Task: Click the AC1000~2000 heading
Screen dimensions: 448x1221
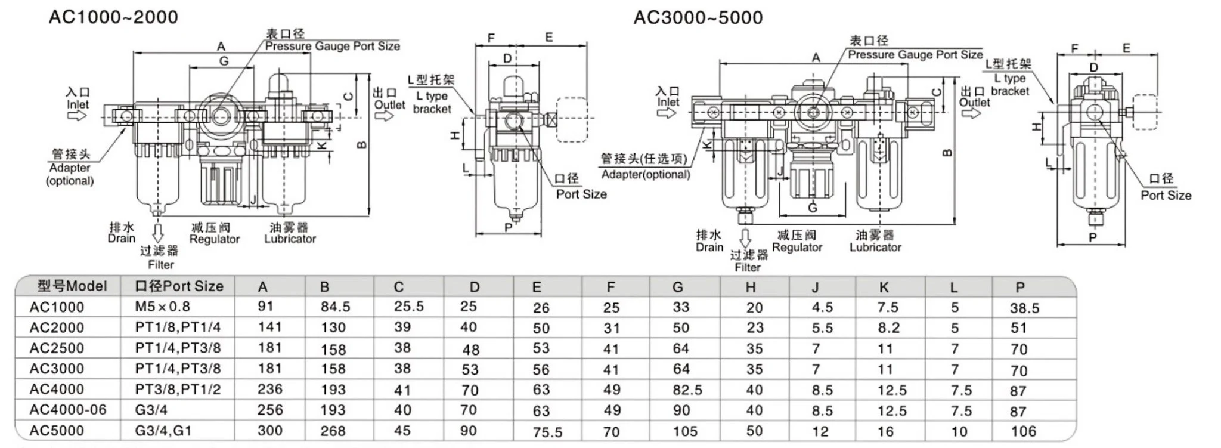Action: (113, 17)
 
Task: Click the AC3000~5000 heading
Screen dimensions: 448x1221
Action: (698, 17)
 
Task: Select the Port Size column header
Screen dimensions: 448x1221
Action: (179, 286)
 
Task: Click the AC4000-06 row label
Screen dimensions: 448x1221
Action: (67, 410)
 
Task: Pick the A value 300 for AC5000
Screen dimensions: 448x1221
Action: (269, 431)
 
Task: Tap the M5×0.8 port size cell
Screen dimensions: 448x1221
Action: (162, 307)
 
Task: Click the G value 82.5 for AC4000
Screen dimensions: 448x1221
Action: (687, 390)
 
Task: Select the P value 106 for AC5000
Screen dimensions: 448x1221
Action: (1023, 431)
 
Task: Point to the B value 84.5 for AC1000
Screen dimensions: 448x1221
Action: (335, 307)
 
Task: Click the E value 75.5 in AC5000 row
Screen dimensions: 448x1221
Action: (547, 432)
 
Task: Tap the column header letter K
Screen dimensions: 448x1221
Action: (884, 288)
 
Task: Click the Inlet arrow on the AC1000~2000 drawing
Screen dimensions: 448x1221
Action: (76, 115)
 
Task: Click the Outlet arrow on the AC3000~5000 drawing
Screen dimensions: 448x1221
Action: (971, 113)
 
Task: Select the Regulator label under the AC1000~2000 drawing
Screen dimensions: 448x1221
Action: (214, 239)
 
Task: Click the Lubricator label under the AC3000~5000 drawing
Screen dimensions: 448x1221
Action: (875, 247)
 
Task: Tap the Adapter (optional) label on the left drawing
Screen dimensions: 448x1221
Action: (70, 174)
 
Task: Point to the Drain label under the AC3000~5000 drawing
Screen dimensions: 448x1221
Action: (709, 247)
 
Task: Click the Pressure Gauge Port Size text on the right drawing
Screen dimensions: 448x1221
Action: (915, 55)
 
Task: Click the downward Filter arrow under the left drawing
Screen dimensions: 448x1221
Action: (158, 231)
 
